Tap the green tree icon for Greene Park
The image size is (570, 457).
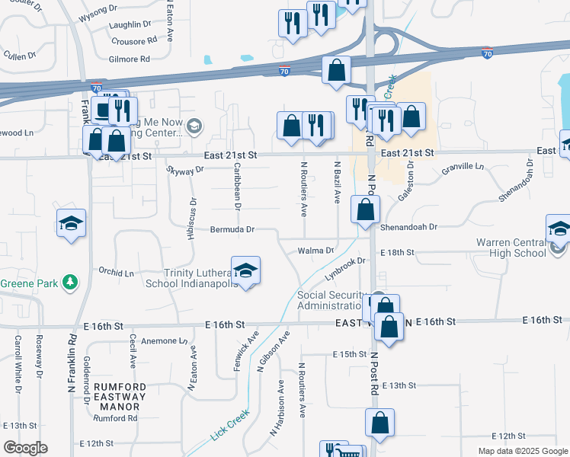pos(70,283)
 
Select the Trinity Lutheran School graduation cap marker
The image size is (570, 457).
pos(245,272)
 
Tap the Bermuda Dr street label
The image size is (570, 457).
pos(233,229)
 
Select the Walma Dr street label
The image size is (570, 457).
pos(315,251)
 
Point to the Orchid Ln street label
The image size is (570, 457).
pos(116,272)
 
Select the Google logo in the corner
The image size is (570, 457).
pos(25,448)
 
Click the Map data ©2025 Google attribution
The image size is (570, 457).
pos(523,451)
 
